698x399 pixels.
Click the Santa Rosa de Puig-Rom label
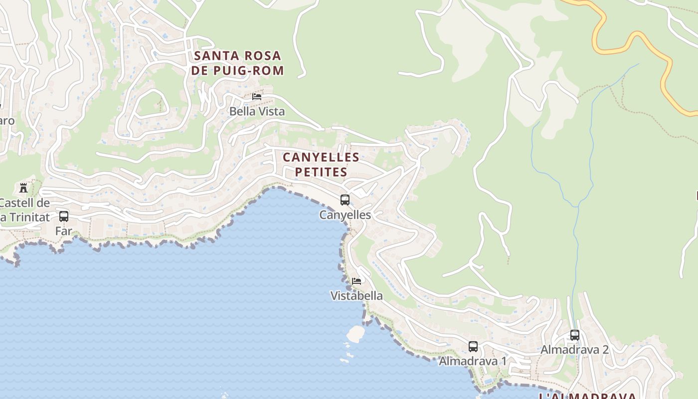click(x=237, y=63)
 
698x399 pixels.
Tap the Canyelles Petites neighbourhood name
click(x=321, y=165)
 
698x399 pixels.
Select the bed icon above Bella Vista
click(x=257, y=96)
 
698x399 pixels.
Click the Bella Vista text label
click(x=257, y=111)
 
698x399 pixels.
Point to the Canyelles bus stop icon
click(x=345, y=200)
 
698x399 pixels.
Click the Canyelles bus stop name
click(x=345, y=215)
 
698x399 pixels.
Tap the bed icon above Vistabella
click(x=356, y=281)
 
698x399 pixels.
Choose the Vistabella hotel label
click(x=356, y=296)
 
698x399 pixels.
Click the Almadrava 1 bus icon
click(x=473, y=346)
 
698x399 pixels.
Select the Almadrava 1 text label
click(x=473, y=361)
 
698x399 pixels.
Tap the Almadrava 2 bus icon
click(x=575, y=335)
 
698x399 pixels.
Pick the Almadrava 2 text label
click(x=574, y=350)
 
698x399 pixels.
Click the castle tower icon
click(x=23, y=188)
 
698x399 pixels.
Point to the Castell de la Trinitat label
click(x=25, y=210)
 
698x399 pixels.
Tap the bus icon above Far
click(x=64, y=216)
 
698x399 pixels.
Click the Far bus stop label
click(x=64, y=231)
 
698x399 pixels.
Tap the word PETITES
click(x=321, y=172)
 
